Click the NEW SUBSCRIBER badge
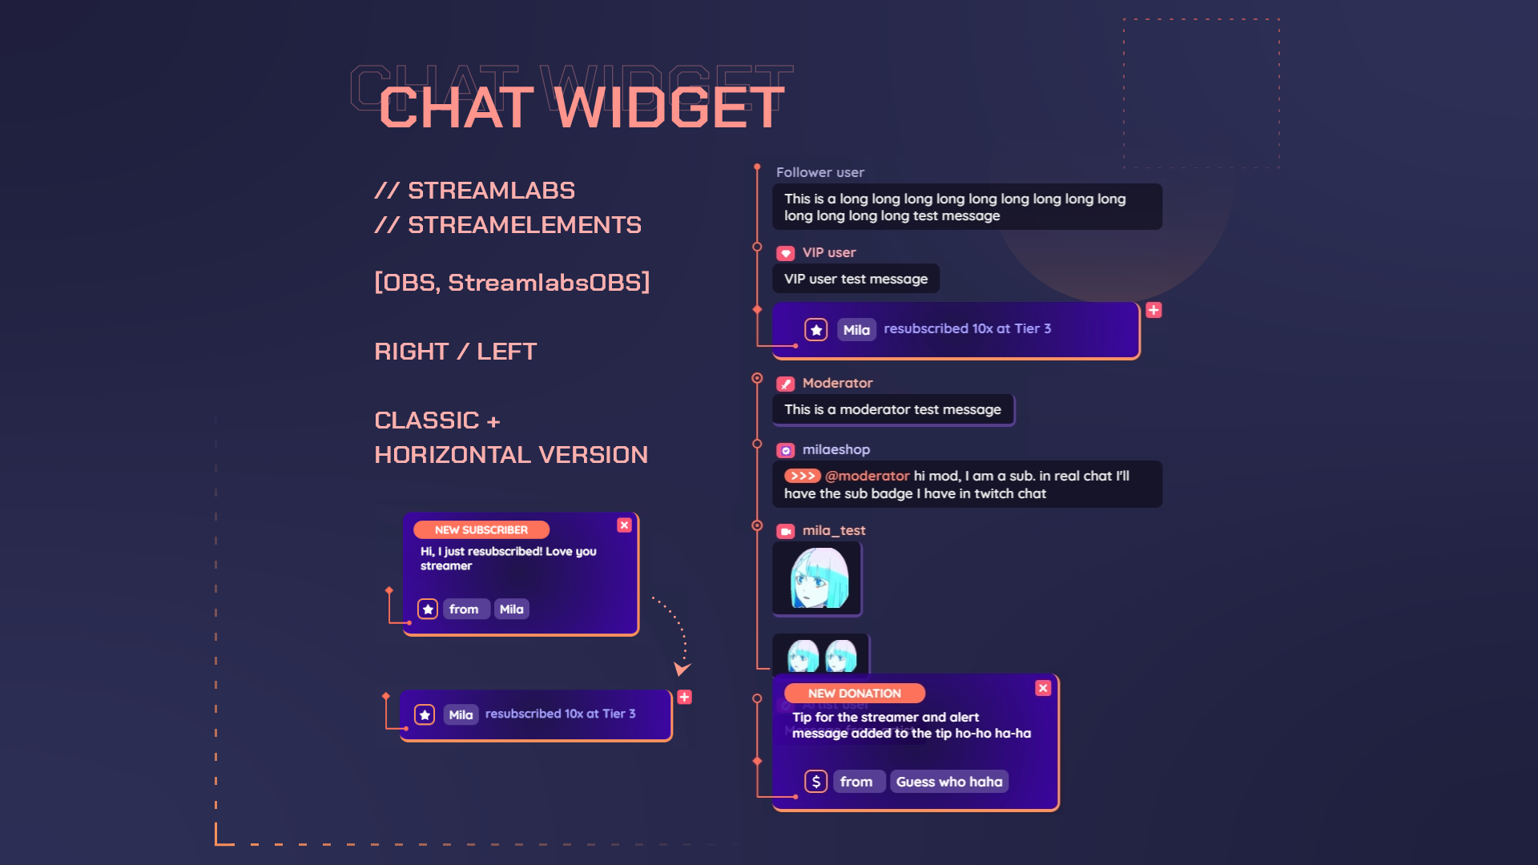pyautogui.click(x=481, y=530)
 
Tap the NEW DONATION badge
pyautogui.click(x=854, y=694)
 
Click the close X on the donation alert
pyautogui.click(x=1043, y=688)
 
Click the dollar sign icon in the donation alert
pyautogui.click(x=815, y=782)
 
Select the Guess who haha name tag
pyautogui.click(x=948, y=782)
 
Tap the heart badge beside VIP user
pyautogui.click(x=786, y=253)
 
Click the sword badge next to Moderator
pyautogui.click(x=786, y=384)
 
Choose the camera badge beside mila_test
pyautogui.click(x=786, y=531)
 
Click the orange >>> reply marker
pyautogui.click(x=802, y=476)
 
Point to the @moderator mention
pyautogui.click(x=868, y=476)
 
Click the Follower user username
pyautogui.click(x=819, y=172)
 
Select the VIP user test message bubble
pyautogui.click(x=856, y=279)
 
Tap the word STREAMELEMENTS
pyautogui.click(x=525, y=225)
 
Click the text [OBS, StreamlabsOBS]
pyautogui.click(x=512, y=283)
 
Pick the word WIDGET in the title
pyautogui.click(x=669, y=107)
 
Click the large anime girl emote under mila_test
pyautogui.click(x=818, y=578)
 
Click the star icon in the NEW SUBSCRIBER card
pyautogui.click(x=428, y=610)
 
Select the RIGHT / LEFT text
pyautogui.click(x=455, y=352)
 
